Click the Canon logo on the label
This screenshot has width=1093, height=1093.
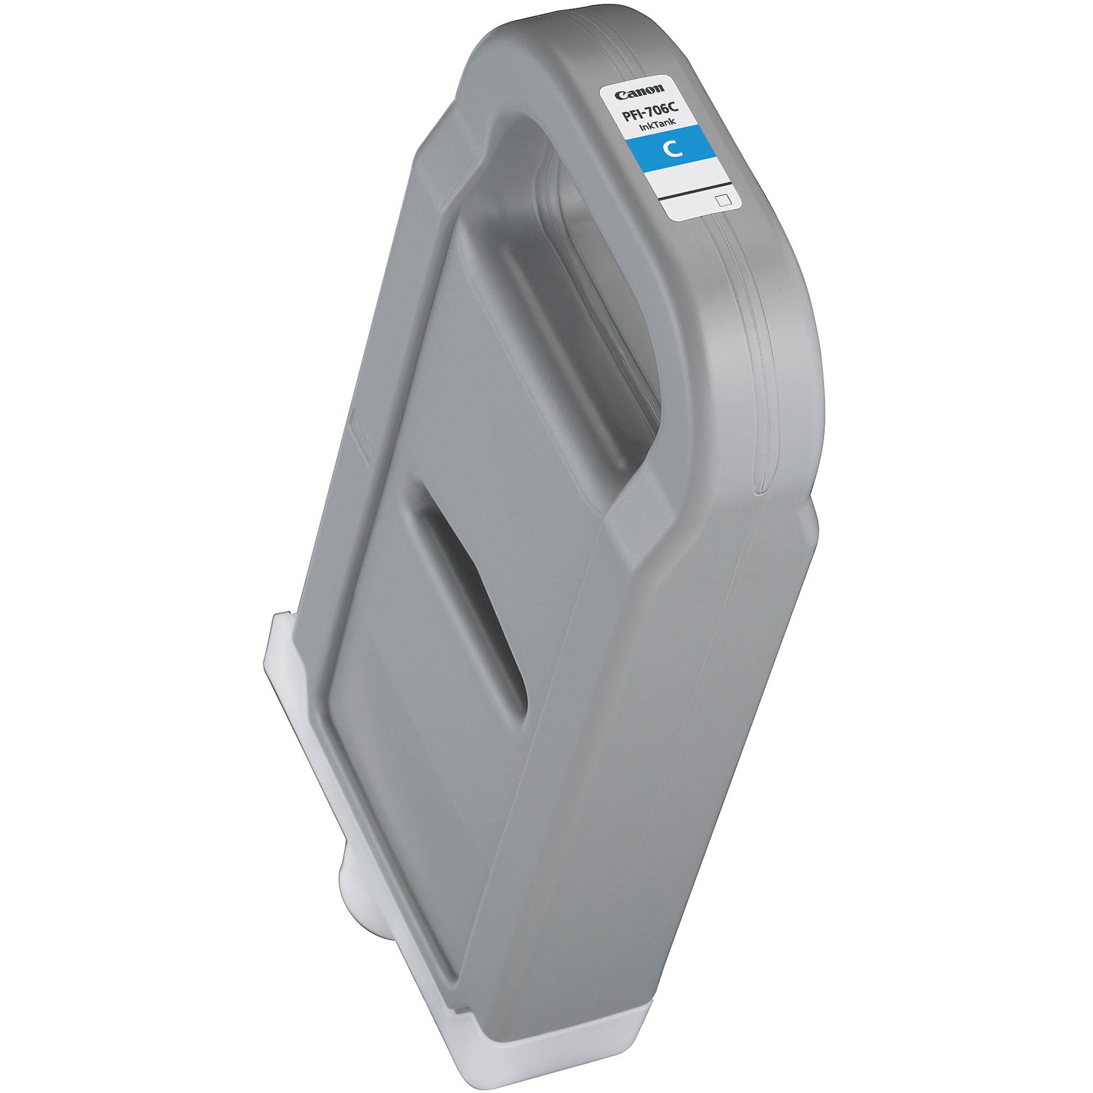point(640,92)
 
